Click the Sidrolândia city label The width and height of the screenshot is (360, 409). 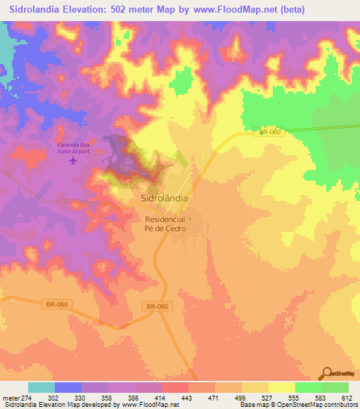(x=160, y=198)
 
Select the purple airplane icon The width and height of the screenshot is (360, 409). (x=72, y=161)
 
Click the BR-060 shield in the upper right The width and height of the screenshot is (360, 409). (x=271, y=132)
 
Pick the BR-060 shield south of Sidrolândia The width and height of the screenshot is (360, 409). (x=157, y=306)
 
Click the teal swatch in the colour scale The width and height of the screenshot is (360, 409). (x=41, y=387)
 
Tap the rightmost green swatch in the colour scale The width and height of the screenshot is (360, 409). (x=335, y=387)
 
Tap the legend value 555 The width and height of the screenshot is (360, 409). (x=295, y=398)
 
